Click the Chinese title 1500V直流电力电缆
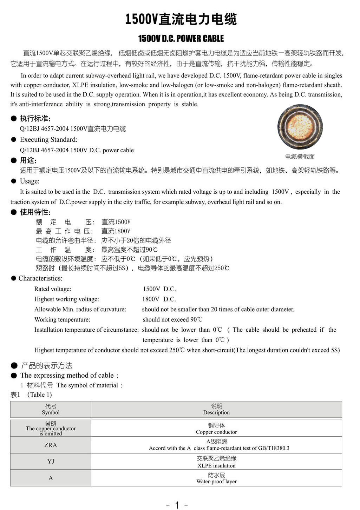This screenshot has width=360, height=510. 181,19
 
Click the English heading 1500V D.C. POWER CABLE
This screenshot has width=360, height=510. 181,38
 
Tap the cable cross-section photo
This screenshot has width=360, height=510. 300,127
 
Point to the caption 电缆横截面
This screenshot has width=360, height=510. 300,157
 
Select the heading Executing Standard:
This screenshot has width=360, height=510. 48,139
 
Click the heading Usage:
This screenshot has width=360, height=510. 30,181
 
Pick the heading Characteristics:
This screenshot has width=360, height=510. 40,278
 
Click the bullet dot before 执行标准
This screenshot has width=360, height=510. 14,118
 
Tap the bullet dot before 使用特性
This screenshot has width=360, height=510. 14,212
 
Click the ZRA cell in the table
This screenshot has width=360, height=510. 51,445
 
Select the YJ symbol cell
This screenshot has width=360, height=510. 51,461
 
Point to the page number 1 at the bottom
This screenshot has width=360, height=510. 177,505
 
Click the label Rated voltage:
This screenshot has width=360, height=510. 53,289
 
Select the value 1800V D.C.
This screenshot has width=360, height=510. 159,299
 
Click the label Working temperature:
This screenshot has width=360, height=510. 62,319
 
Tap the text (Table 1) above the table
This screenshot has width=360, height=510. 39,395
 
